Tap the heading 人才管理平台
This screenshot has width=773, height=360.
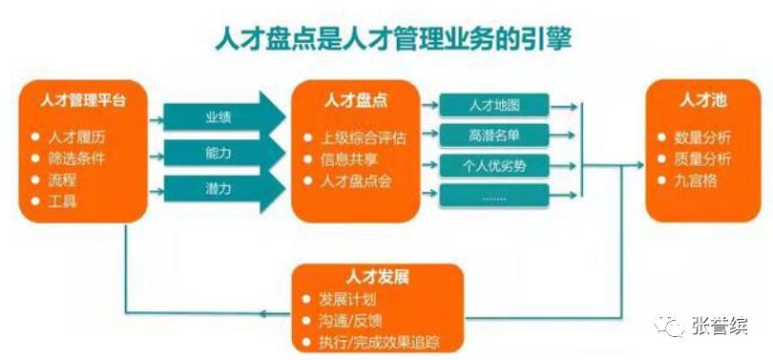tap(81, 98)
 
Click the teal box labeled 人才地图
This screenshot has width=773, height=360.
tap(494, 104)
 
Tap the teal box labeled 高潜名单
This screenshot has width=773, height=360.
tap(494, 135)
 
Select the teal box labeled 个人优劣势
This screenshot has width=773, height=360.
tap(494, 165)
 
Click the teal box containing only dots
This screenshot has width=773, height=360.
tap(494, 197)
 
